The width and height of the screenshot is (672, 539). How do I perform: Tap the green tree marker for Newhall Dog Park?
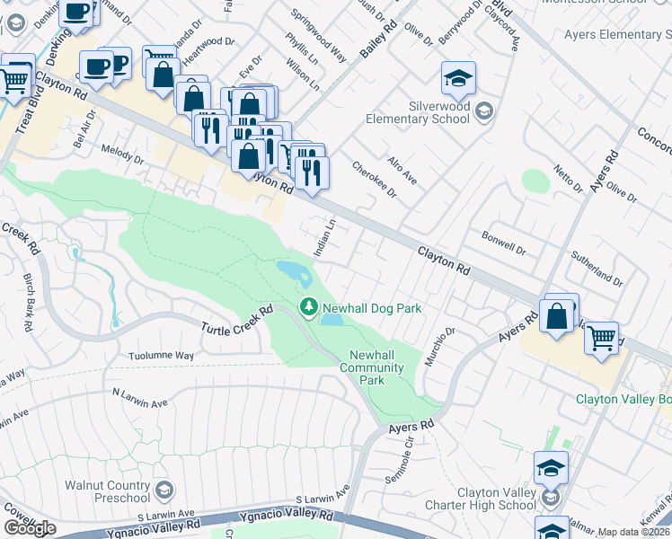coord(310,308)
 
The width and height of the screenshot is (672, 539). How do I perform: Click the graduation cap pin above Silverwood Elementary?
coord(458,79)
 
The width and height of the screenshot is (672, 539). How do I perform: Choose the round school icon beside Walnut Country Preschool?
coord(164,490)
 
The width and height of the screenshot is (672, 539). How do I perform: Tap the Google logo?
coord(30,528)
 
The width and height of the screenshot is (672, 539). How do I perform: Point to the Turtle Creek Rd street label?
coord(236,321)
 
